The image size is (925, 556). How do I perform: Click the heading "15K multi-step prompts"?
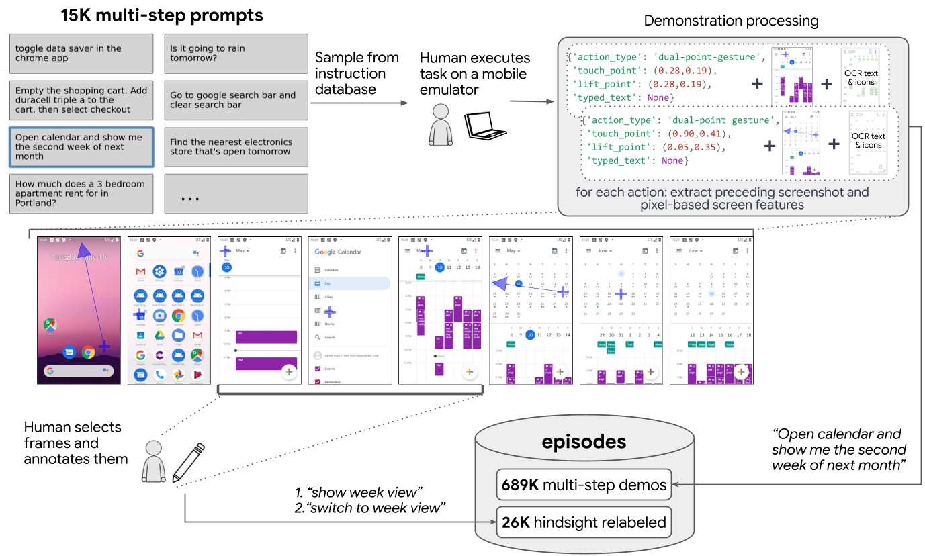(x=161, y=15)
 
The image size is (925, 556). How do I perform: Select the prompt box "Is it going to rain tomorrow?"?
(x=236, y=53)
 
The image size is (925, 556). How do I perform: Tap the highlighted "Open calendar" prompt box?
(x=81, y=146)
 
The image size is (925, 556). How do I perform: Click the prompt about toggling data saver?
(x=81, y=53)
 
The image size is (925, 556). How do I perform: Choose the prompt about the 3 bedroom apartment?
(x=81, y=193)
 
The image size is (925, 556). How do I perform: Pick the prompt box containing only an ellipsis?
(x=236, y=193)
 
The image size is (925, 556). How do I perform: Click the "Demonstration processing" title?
(x=731, y=21)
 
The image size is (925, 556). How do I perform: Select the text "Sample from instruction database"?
(x=357, y=73)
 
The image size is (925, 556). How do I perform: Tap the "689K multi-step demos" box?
(x=584, y=484)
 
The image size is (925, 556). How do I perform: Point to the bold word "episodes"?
(x=584, y=441)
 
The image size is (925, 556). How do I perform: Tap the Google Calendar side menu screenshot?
(x=350, y=310)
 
